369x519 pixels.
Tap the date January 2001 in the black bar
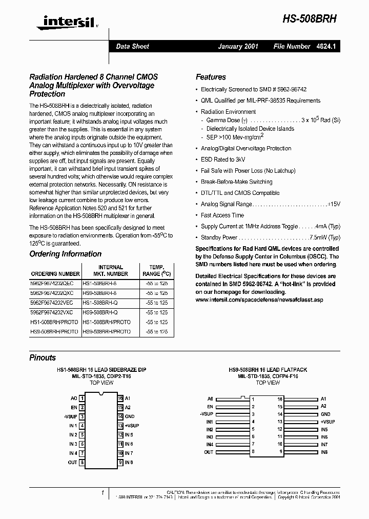pos(238,46)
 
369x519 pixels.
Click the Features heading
pos(211,77)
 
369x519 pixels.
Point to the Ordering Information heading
pos(65,254)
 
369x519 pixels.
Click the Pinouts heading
pos(43,357)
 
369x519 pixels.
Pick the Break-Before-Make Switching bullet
pos(236,182)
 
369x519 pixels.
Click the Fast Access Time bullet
pos(222,215)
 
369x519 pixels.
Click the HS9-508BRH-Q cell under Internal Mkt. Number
pos(100,312)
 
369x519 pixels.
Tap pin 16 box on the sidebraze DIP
pos(120,398)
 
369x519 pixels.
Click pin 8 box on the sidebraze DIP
pos(82,463)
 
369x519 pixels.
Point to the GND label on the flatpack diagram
pos(325,414)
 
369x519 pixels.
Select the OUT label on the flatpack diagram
pos(209,452)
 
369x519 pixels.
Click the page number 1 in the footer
pos(102,492)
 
